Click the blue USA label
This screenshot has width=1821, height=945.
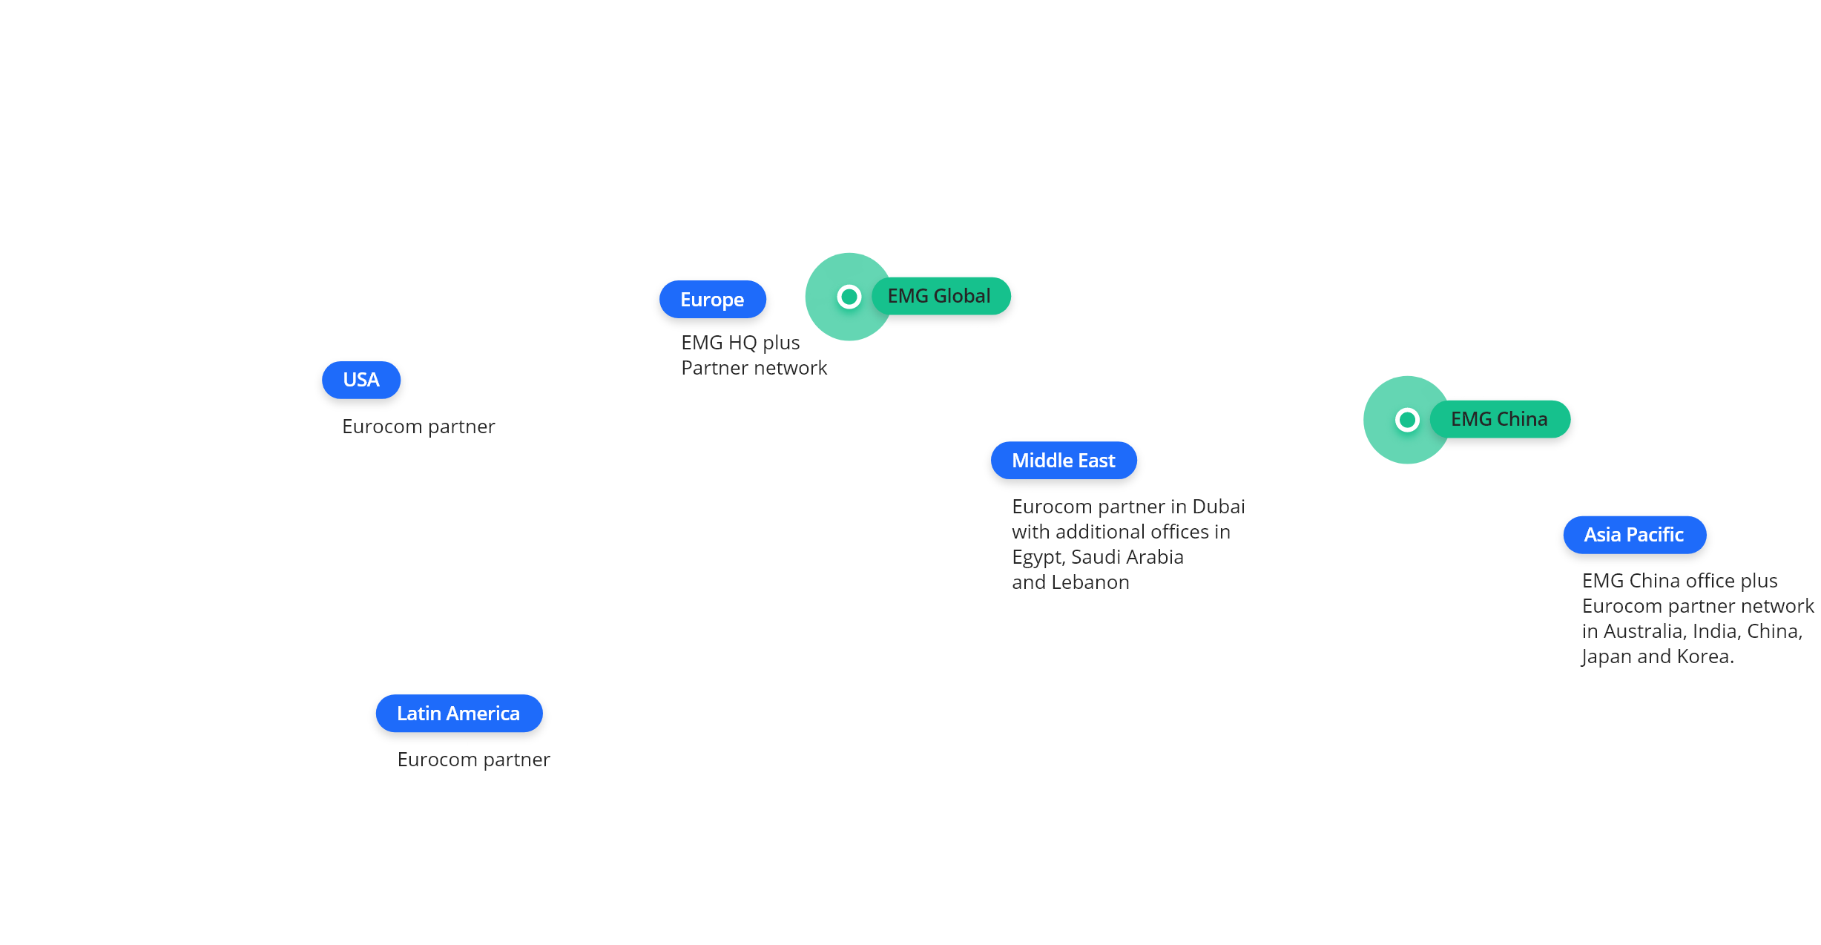pyautogui.click(x=361, y=380)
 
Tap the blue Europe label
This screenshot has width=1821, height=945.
pyautogui.click(x=712, y=300)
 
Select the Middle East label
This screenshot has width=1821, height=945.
pyautogui.click(x=1063, y=461)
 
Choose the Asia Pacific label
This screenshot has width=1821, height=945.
pyautogui.click(x=1634, y=535)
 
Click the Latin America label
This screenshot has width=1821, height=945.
pyautogui.click(x=458, y=714)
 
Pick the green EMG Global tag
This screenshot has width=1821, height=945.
pyautogui.click(x=939, y=296)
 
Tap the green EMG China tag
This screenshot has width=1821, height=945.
pyautogui.click(x=1499, y=419)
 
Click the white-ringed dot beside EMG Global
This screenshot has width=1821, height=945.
pyautogui.click(x=849, y=297)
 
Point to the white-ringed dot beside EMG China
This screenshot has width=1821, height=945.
pyautogui.click(x=1407, y=420)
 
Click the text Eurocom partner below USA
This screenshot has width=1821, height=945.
pyautogui.click(x=418, y=427)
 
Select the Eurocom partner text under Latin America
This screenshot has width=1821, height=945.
pyautogui.click(x=474, y=760)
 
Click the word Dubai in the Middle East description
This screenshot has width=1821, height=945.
pyautogui.click(x=1218, y=507)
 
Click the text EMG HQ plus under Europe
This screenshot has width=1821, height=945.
pyautogui.click(x=740, y=343)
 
